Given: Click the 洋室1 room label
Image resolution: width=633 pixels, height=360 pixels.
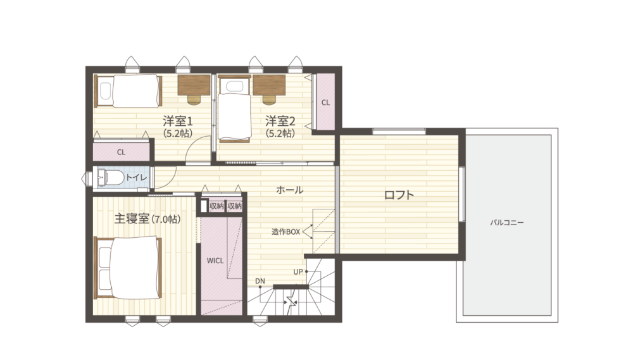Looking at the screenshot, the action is pyautogui.click(x=178, y=121).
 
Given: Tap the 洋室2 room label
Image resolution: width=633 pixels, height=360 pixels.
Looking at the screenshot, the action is pyautogui.click(x=280, y=121).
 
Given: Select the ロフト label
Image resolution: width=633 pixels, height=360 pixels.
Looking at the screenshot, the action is pyautogui.click(x=399, y=195).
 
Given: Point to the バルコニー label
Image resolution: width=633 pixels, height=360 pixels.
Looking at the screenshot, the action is pyautogui.click(x=507, y=222).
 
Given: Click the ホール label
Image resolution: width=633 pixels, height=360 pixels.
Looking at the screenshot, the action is pyautogui.click(x=289, y=190).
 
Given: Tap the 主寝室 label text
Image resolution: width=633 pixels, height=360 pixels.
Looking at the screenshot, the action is pyautogui.click(x=132, y=219).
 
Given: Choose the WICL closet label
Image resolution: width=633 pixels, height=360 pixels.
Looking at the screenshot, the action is pyautogui.click(x=215, y=261).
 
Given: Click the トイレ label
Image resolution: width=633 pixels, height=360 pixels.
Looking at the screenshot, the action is pyautogui.click(x=137, y=178).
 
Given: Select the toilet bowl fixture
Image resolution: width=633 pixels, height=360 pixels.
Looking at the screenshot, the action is pyautogui.click(x=111, y=177).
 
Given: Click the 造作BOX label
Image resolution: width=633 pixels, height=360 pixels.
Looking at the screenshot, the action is pyautogui.click(x=286, y=232).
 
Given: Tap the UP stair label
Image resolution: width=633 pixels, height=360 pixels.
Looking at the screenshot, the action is pyautogui.click(x=298, y=271).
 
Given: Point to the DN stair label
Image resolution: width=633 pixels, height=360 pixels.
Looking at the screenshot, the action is pyautogui.click(x=260, y=281).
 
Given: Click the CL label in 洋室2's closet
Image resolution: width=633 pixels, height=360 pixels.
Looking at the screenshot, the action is pyautogui.click(x=325, y=102).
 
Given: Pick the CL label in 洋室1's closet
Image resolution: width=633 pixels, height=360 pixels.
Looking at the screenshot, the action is pyautogui.click(x=121, y=152).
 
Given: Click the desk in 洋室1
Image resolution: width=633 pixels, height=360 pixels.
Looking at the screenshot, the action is pyautogui.click(x=194, y=85).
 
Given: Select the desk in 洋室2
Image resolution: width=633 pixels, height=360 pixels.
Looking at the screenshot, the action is pyautogui.click(x=269, y=85).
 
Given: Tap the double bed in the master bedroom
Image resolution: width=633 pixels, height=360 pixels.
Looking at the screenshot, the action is pyautogui.click(x=128, y=268).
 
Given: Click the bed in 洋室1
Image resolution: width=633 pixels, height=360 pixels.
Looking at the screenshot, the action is pyautogui.click(x=128, y=91).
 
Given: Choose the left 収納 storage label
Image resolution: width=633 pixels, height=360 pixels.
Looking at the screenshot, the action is pyautogui.click(x=216, y=206).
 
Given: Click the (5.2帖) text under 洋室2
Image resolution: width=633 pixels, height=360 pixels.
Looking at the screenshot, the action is pyautogui.click(x=280, y=133).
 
